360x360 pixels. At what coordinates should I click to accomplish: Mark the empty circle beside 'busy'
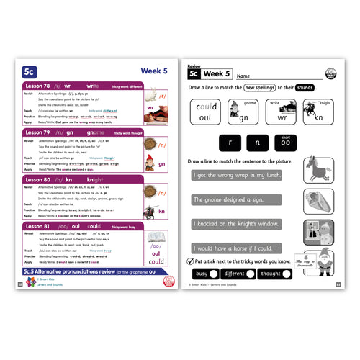pos(217,274)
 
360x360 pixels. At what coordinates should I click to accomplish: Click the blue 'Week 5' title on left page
pos(147,71)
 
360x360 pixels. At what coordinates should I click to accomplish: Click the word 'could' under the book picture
pos(157,261)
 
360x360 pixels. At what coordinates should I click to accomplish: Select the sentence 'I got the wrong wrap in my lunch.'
pos(237,175)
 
